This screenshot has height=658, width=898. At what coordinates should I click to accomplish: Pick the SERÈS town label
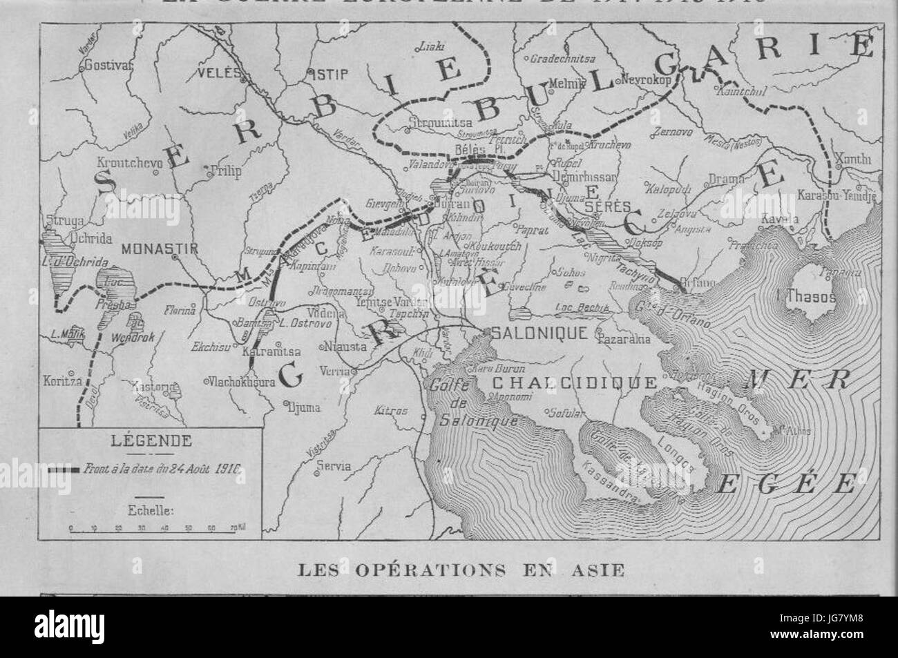(598, 206)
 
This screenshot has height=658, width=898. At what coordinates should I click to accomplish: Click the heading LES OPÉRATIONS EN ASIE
(461, 570)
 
